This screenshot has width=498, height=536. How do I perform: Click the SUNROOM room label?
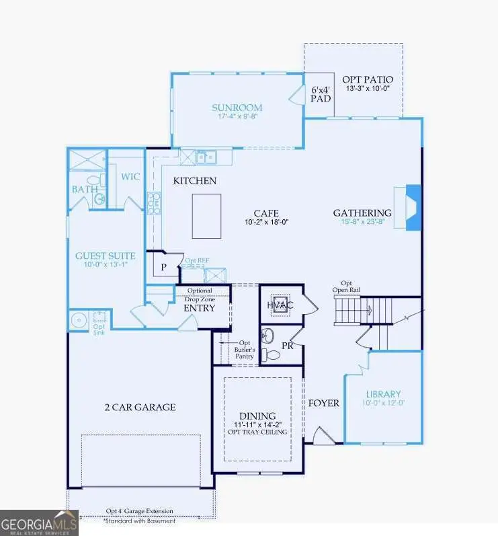point(237,108)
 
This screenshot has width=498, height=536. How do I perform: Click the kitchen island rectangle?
point(206,215)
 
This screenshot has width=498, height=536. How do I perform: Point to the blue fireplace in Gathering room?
point(412,208)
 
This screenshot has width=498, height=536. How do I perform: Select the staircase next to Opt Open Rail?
point(349,311)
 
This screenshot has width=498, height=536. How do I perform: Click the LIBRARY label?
point(383,394)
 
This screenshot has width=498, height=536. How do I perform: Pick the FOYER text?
point(323,403)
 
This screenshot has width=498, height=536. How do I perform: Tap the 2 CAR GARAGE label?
point(140,407)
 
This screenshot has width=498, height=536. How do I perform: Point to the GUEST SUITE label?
point(106,256)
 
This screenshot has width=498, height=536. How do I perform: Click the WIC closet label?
point(129,176)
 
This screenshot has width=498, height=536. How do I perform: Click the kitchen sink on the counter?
point(206,157)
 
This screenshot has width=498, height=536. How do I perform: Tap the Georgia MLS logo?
point(39,523)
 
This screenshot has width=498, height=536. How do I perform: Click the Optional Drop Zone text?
point(199,295)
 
